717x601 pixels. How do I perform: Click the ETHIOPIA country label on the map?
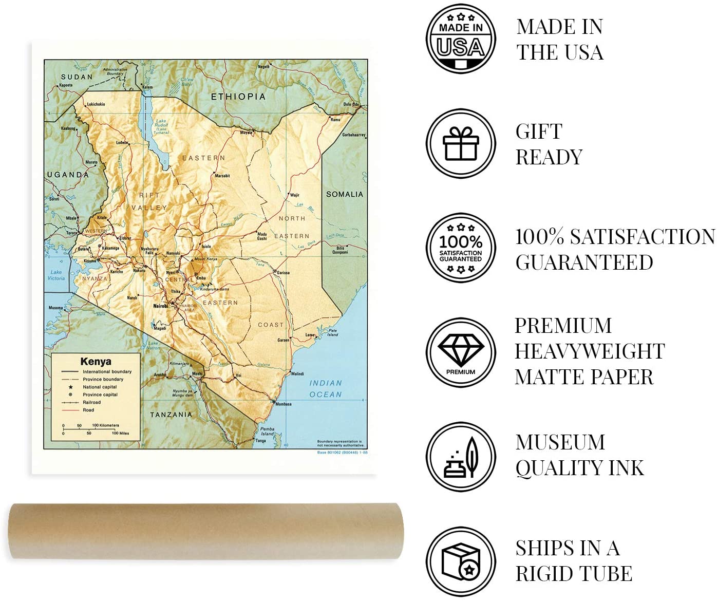click(x=238, y=96)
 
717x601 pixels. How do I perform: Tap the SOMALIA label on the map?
click(x=345, y=194)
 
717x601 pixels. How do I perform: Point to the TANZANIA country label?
click(x=171, y=415)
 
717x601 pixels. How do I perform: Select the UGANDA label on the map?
click(x=68, y=175)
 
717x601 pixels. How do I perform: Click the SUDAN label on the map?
click(x=77, y=77)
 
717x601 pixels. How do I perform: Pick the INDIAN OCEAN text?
click(x=326, y=389)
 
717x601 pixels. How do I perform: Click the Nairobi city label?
click(x=161, y=306)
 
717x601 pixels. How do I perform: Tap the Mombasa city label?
click(x=283, y=404)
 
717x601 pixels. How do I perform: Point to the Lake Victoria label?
click(x=56, y=275)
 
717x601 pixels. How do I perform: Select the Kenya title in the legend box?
click(x=96, y=361)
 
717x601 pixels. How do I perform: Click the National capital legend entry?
click(x=100, y=387)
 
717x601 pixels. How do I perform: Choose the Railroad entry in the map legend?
click(x=92, y=402)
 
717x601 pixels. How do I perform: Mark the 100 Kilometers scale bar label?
click(x=105, y=425)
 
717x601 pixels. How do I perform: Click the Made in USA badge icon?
click(x=461, y=39)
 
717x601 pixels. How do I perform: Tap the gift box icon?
click(x=461, y=143)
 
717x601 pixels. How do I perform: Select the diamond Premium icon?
click(x=461, y=352)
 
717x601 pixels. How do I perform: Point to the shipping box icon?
click(x=461, y=561)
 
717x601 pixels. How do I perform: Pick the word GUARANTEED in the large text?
click(x=584, y=262)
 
